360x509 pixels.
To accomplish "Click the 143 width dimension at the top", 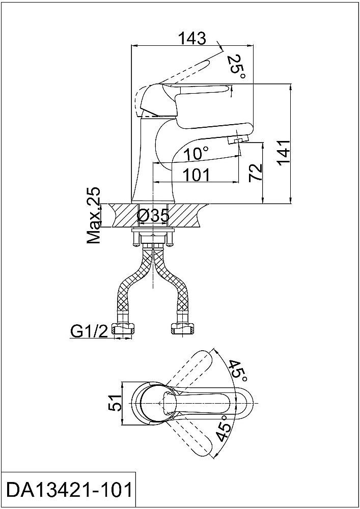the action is tap(192, 39).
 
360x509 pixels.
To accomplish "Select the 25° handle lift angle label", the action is tap(236, 69).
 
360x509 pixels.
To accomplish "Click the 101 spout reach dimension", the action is tap(197, 175).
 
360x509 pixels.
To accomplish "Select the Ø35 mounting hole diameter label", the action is tap(153, 215).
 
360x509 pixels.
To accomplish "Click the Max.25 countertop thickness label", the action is tap(94, 215).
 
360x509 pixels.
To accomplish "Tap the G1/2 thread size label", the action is tap(88, 331).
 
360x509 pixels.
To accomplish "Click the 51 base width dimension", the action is tap(115, 403).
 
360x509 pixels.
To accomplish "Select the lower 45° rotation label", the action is tap(225, 428).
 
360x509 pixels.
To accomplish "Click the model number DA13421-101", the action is tap(69, 490).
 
